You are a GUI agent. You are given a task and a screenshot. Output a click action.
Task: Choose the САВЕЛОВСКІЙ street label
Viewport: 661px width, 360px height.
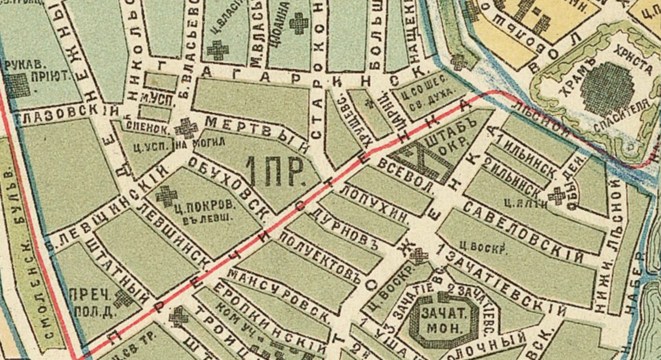coord(523,231)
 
